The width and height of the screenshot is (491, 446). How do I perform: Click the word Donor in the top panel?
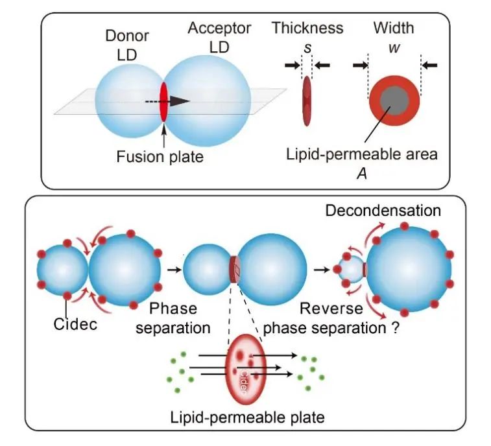tap(127, 36)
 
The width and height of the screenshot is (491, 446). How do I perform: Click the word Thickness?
tap(307, 28)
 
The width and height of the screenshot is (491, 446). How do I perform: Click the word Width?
tap(393, 28)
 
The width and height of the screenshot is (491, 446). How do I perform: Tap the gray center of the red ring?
tap(394, 102)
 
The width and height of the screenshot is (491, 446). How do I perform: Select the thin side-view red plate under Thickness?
tap(306, 102)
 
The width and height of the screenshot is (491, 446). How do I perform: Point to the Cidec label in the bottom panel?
tap(75, 323)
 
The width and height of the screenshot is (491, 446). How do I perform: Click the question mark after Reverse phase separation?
tap(394, 327)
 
